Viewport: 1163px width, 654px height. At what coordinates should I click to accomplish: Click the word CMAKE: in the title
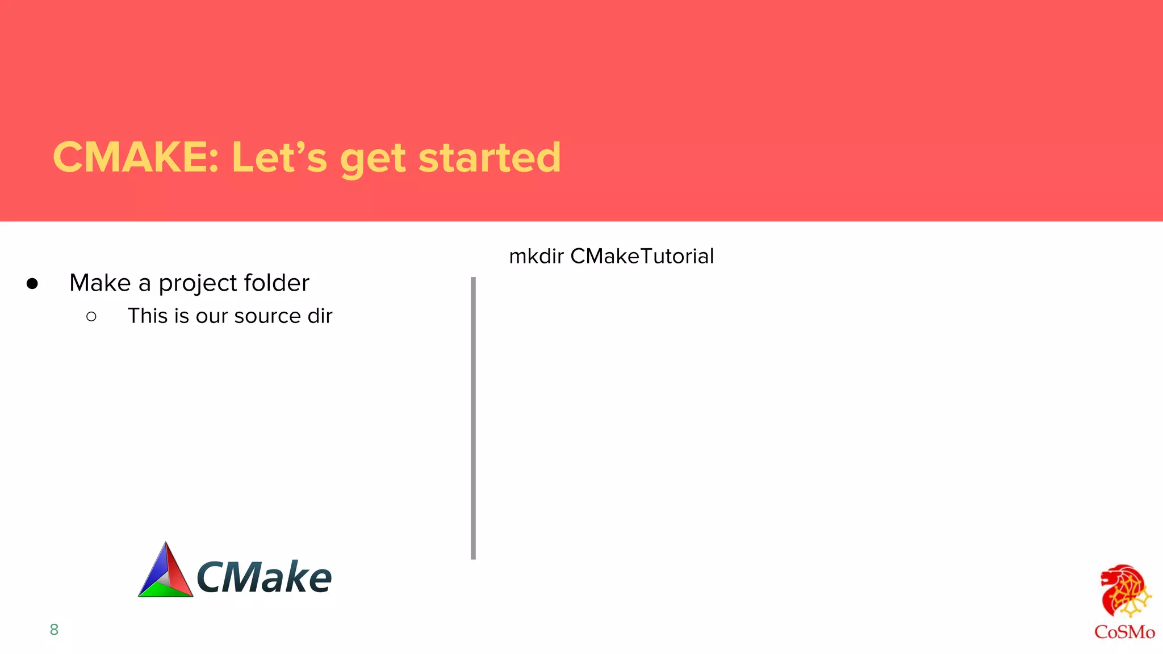[135, 157]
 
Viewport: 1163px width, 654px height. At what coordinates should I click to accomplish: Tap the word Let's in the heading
[279, 157]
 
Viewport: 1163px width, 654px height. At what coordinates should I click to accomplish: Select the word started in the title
[490, 157]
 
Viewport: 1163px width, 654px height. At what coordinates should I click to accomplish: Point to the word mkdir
[536, 256]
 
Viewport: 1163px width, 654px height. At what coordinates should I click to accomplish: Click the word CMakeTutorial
[642, 256]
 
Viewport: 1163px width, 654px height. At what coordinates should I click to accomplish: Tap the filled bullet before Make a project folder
[32, 283]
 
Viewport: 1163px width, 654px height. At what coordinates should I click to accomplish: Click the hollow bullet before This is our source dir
[91, 316]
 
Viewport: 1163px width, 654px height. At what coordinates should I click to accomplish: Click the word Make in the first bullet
[100, 283]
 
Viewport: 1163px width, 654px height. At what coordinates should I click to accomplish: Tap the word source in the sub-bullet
[267, 316]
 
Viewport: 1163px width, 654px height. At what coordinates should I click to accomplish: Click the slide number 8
[54, 629]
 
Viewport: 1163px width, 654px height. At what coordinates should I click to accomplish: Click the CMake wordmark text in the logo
[263, 577]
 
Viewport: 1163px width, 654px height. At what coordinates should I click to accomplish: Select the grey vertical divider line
[473, 418]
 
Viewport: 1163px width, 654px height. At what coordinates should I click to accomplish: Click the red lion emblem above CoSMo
[1124, 591]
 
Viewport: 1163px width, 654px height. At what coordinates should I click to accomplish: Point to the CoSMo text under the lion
[1124, 632]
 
